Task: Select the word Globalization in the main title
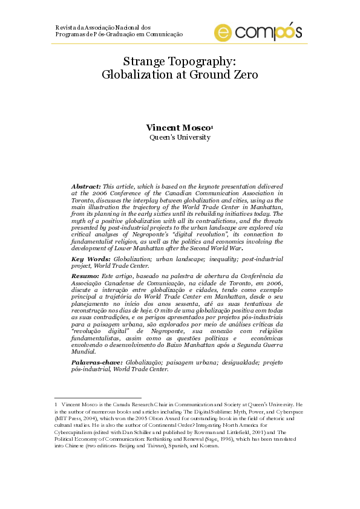pyautogui.click(x=136, y=75)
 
